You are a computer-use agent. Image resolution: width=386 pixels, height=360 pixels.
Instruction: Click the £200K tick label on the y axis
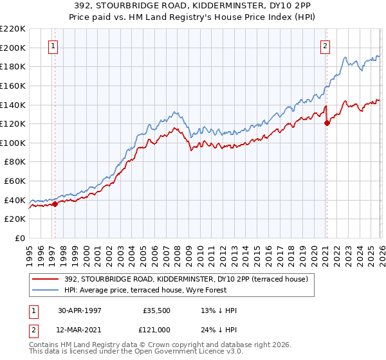[x=13, y=48]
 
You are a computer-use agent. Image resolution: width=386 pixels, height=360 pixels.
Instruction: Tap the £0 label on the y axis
[x=21, y=239]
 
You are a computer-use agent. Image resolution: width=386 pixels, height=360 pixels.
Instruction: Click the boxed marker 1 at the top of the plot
[x=52, y=46]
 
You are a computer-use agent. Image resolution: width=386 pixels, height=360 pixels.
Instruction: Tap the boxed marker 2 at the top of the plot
[x=326, y=46]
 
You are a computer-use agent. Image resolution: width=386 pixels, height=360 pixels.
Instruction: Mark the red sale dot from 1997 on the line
[x=55, y=204]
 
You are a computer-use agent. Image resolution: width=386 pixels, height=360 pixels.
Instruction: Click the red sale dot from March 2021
[x=327, y=123]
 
